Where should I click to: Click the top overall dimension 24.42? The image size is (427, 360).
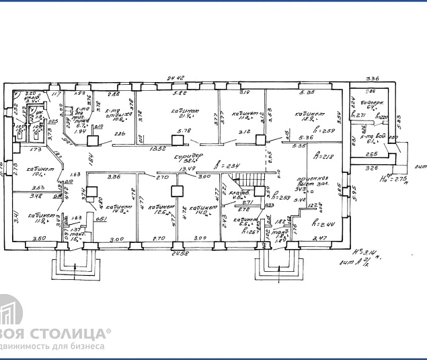point(176,78)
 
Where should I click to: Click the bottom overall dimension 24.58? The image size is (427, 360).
point(179,253)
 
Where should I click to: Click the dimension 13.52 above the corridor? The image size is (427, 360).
point(157,149)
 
